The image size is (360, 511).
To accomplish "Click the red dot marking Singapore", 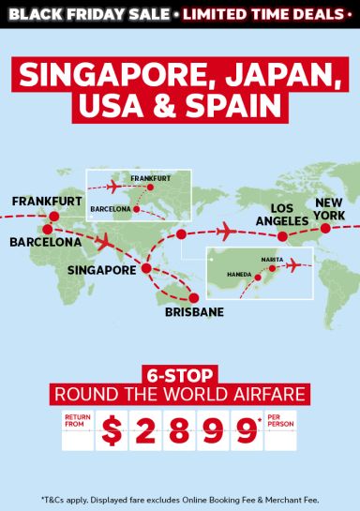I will (146, 269).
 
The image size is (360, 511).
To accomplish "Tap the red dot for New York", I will (325, 228).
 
